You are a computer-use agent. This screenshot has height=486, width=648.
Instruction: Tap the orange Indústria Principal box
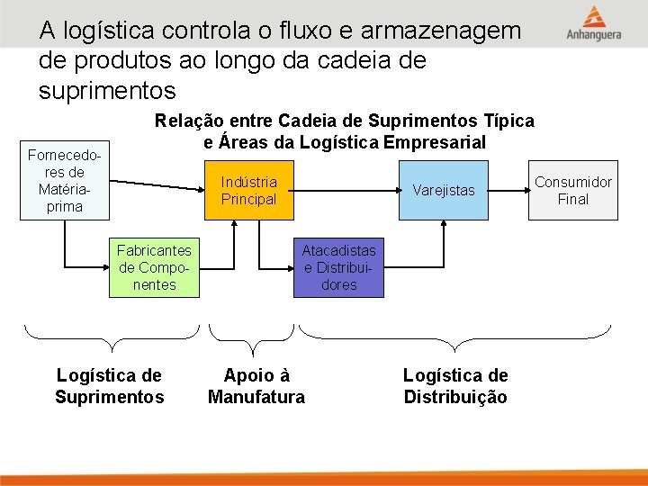click(249, 191)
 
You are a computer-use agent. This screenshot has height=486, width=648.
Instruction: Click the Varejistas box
click(444, 191)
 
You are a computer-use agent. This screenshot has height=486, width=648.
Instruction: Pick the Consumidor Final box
click(572, 191)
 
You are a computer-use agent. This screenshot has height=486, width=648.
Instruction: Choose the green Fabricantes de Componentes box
click(155, 267)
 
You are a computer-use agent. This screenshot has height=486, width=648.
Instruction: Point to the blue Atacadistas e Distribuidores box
click(338, 267)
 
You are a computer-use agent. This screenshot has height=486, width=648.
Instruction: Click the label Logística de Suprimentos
click(109, 386)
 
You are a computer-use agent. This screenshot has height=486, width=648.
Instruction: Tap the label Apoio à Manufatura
click(256, 386)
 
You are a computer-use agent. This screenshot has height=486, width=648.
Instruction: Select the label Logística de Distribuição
click(455, 386)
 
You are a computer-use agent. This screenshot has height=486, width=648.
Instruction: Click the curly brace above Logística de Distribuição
click(454, 338)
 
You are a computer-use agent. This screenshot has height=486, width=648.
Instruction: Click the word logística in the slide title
click(103, 31)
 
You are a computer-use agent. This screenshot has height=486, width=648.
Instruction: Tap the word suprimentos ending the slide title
click(108, 91)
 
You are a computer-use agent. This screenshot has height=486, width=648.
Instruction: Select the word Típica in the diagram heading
click(509, 121)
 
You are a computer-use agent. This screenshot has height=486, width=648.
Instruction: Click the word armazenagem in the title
click(441, 31)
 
